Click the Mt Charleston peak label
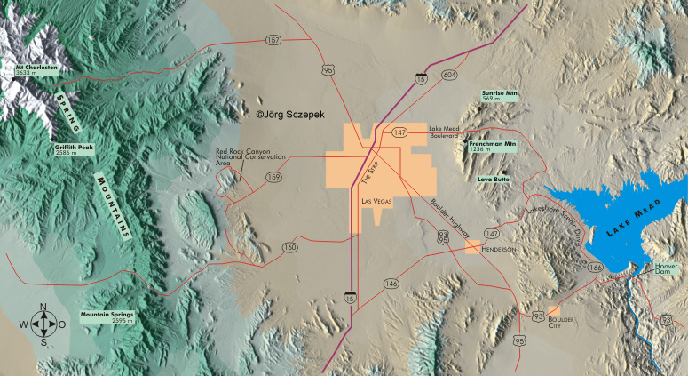pos(36,68)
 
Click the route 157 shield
pos(273,40)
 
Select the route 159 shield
pos(273,177)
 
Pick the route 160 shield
pos(290,247)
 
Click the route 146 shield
pos(391,284)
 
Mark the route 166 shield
pos(596,266)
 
